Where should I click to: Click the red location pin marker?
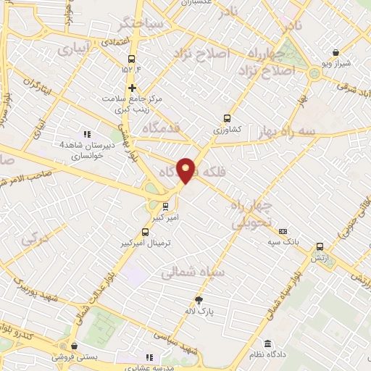pyautogui.click(x=187, y=170)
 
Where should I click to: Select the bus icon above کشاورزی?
pyautogui.click(x=227, y=117)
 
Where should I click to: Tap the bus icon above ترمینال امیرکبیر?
pyautogui.click(x=146, y=233)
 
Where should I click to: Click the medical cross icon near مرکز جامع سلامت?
pyautogui.click(x=131, y=87)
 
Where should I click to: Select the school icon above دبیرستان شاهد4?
pyautogui.click(x=87, y=134)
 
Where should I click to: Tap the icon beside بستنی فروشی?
pyautogui.click(x=73, y=346)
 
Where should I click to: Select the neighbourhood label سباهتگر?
pyautogui.click(x=166, y=25)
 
